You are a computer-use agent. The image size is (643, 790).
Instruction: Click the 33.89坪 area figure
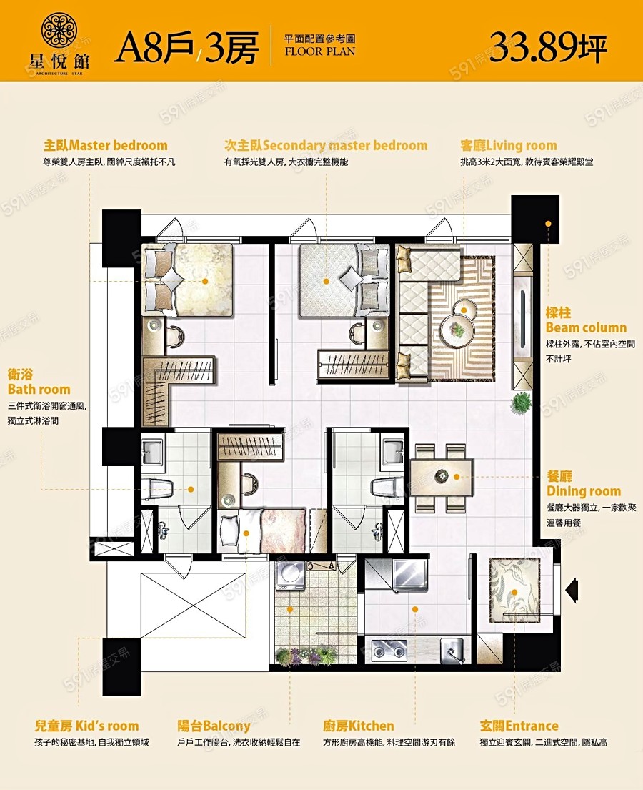tap(549, 47)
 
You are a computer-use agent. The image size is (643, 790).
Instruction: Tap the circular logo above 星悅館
tap(59, 31)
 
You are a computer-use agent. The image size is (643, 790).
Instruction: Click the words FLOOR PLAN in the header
tap(320, 51)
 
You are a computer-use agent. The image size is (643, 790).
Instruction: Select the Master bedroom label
tap(105, 146)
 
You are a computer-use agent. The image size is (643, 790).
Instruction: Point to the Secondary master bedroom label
tap(326, 146)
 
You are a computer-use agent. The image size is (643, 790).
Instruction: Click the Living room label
tap(509, 146)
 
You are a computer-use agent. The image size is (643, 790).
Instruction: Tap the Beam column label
tap(586, 320)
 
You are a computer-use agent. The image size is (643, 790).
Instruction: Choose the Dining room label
tap(584, 484)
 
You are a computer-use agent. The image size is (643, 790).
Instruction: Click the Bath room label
tap(39, 382)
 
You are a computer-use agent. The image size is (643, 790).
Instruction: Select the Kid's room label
tap(86, 726)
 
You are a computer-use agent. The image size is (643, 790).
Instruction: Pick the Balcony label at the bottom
tap(214, 726)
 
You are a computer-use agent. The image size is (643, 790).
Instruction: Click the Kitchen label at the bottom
tap(359, 726)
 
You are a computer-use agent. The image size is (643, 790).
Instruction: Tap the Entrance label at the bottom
tap(519, 726)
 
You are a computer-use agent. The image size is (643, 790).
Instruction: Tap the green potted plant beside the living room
tap(521, 402)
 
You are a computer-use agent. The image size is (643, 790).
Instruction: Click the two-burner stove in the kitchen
tap(389, 650)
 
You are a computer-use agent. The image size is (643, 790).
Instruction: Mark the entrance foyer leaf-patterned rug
tap(514, 591)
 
